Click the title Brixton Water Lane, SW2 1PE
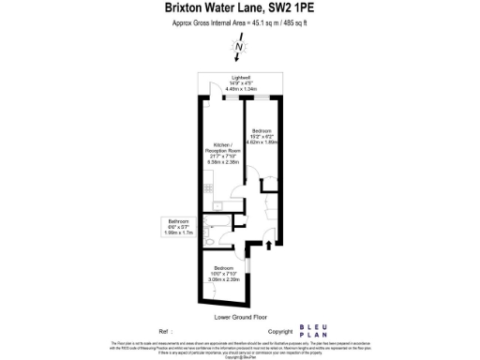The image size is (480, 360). [240, 10]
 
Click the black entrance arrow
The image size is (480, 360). [272, 246]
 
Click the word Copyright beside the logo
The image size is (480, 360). [281, 332]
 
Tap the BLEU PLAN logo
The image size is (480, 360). [315, 331]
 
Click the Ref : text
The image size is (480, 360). [166, 332]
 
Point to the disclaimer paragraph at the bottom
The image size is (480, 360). [240, 349]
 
